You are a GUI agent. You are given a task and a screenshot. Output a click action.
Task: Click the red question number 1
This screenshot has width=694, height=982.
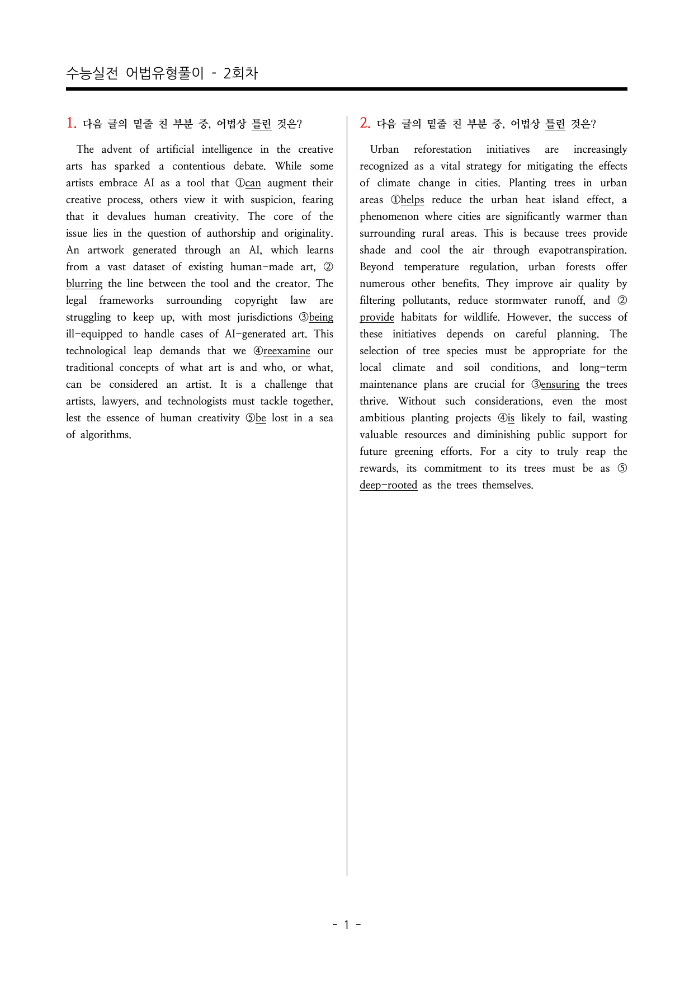(71, 123)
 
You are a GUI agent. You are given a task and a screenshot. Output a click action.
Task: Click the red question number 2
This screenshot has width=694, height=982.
(365, 123)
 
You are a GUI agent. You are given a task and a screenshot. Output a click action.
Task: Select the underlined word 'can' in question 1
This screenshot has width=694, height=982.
(253, 183)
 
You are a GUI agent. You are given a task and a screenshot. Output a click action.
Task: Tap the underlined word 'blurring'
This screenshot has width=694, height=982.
(84, 284)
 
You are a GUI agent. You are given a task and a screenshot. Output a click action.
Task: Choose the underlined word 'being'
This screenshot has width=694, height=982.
(321, 317)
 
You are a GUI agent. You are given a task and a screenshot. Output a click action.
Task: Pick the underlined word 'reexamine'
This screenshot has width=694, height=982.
(286, 351)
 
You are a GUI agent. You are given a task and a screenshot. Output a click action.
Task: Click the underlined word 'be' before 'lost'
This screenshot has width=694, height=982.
(261, 418)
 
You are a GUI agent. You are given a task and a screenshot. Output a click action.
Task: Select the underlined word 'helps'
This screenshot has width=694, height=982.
(412, 200)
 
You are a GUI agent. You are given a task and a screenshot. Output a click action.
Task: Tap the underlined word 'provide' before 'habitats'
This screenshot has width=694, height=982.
(377, 317)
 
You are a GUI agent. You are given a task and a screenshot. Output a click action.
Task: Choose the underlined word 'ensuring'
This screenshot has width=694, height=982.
(560, 384)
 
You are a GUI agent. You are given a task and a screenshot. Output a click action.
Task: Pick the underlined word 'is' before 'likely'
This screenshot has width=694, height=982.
(511, 418)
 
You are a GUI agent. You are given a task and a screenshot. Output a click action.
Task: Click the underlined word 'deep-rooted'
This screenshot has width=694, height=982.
(388, 485)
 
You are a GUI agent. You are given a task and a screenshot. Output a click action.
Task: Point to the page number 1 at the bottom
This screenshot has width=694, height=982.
(346, 924)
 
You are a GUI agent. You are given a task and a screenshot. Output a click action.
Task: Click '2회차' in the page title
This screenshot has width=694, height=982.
(240, 73)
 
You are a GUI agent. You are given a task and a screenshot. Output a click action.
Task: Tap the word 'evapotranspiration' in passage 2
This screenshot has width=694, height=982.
(582, 250)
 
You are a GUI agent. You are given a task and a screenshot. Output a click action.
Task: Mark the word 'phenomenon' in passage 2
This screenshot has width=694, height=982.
(389, 217)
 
